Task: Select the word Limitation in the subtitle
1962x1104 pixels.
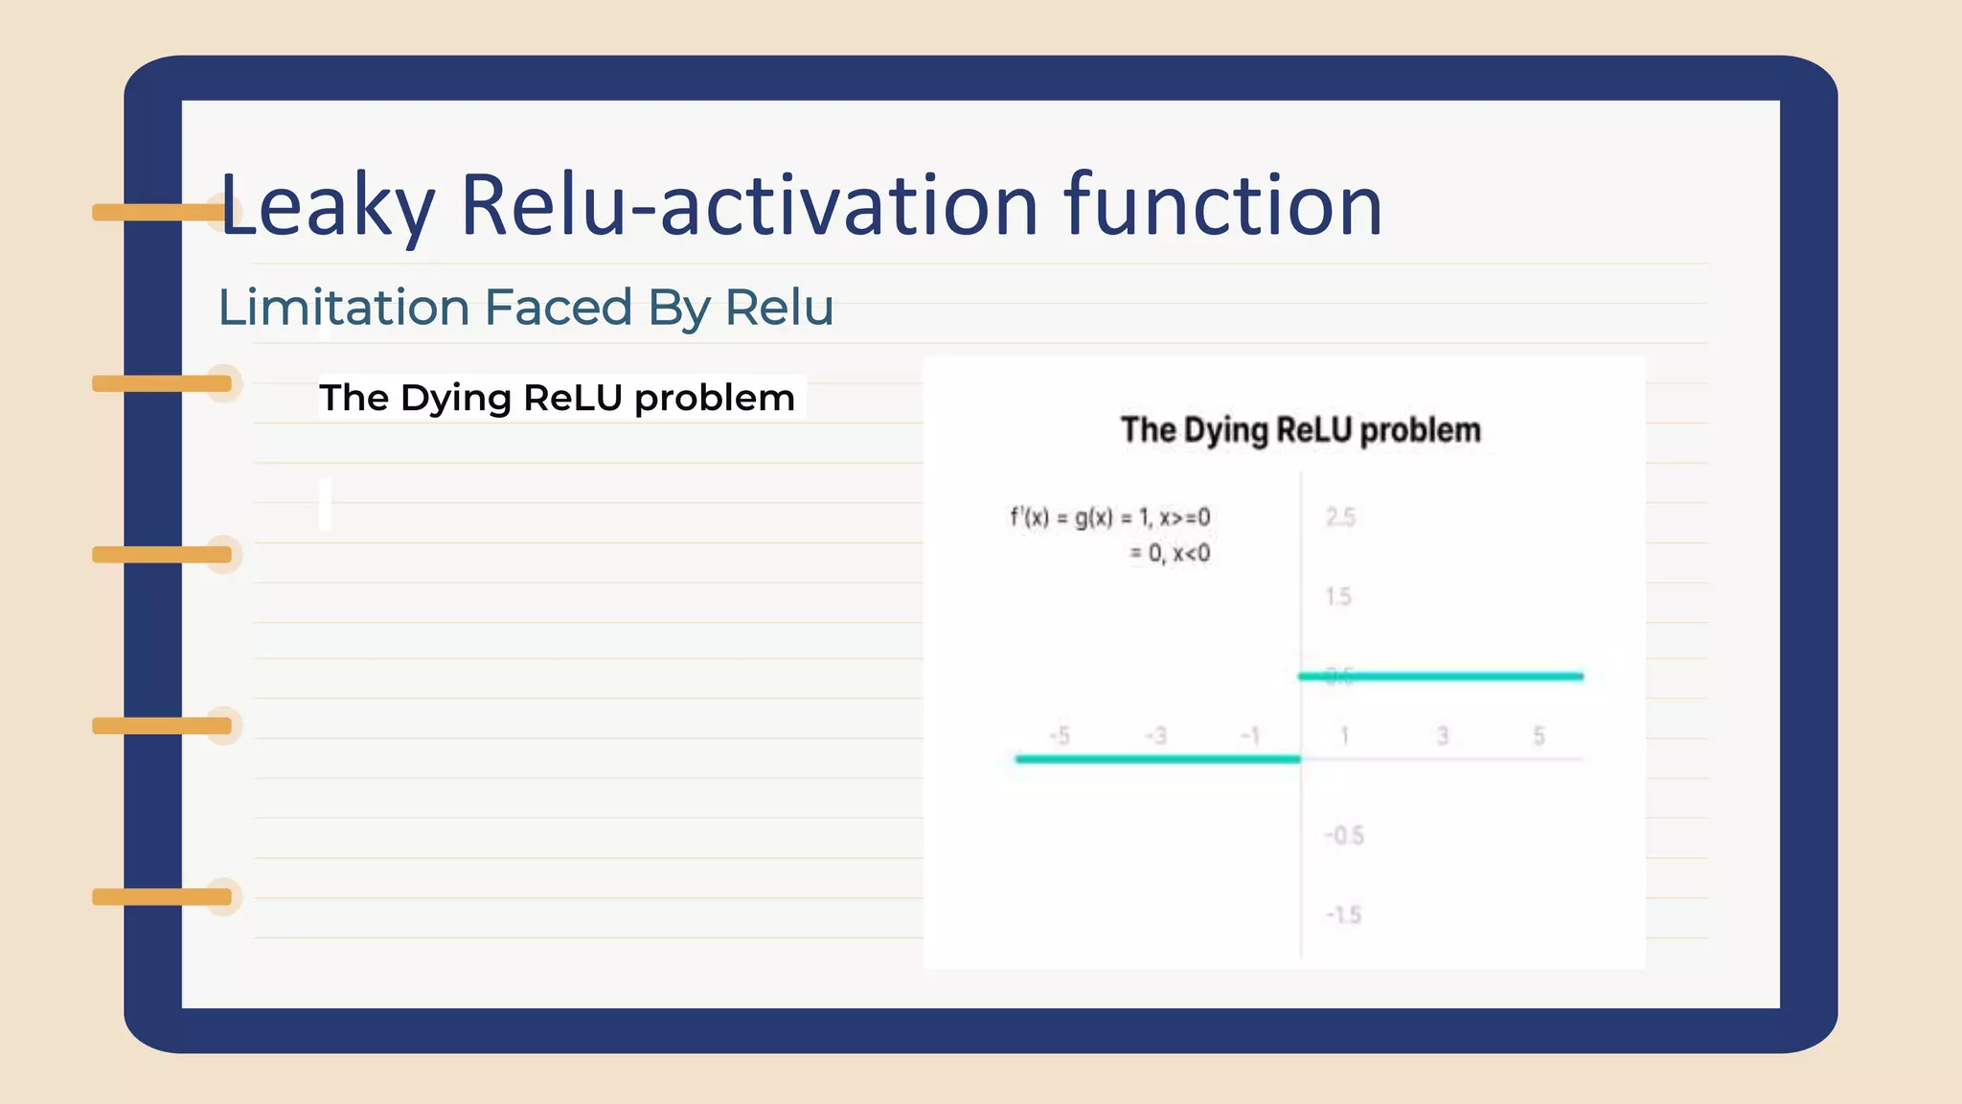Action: tap(343, 308)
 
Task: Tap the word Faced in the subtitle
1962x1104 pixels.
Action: tap(558, 308)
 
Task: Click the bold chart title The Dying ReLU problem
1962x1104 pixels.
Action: tap(1300, 430)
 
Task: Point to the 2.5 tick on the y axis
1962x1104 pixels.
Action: tap(1340, 517)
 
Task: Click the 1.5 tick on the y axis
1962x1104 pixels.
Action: tap(1338, 597)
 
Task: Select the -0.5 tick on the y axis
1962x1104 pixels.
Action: tap(1344, 836)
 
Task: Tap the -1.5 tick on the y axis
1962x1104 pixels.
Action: tap(1343, 915)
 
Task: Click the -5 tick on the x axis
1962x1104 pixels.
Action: tap(1059, 736)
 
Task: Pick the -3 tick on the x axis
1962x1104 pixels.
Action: tap(1155, 736)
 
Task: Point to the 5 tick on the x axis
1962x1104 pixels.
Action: tap(1539, 736)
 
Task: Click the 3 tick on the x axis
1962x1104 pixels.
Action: tap(1443, 736)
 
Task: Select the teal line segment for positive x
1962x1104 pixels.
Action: tap(1441, 677)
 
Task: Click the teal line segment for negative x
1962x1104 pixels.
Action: tap(1157, 759)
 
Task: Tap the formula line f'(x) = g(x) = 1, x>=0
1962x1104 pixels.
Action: tap(1109, 517)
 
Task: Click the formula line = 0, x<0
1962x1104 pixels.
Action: tap(1169, 554)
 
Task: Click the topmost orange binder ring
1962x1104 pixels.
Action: tap(161, 212)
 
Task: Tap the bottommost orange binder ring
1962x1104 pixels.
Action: tap(161, 897)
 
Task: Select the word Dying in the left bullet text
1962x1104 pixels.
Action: tap(457, 398)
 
